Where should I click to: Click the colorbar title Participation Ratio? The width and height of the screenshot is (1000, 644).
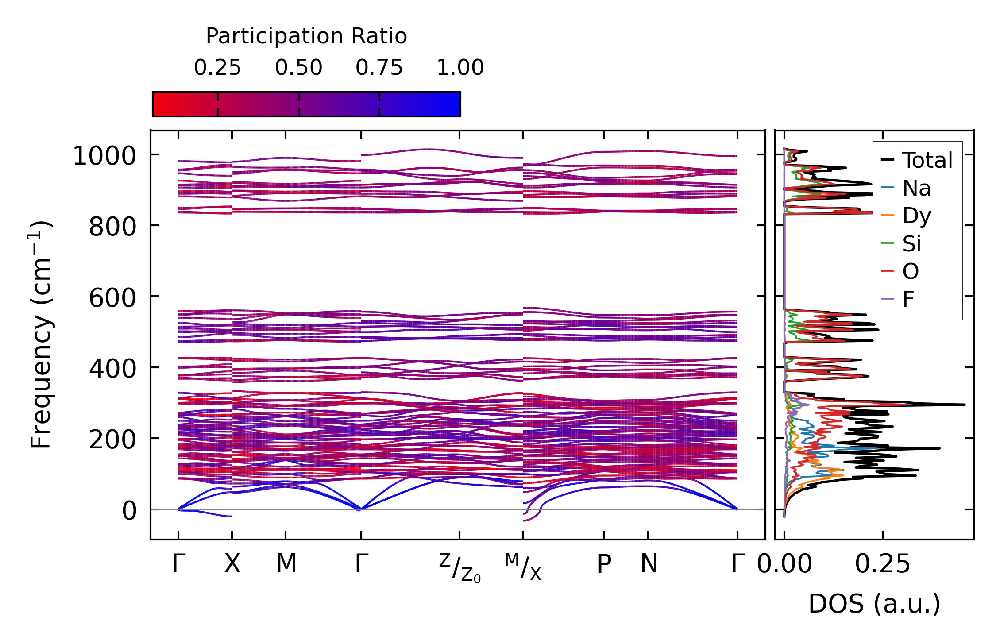pyautogui.click(x=306, y=36)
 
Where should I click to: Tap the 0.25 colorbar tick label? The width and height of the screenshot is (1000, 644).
pyautogui.click(x=217, y=68)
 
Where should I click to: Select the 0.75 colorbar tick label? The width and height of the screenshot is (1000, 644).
pyautogui.click(x=379, y=68)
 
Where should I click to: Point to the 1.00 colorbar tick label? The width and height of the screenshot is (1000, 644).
pyautogui.click(x=460, y=68)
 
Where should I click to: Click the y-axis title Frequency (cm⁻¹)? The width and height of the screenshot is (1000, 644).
pyautogui.click(x=41, y=335)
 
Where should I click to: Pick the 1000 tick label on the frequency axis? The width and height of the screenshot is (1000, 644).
pyautogui.click(x=104, y=156)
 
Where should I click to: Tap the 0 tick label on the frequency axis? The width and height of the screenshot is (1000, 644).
pyautogui.click(x=129, y=511)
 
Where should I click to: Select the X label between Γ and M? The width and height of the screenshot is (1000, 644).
pyautogui.click(x=232, y=564)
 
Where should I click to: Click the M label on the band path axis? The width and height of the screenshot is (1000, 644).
pyautogui.click(x=286, y=564)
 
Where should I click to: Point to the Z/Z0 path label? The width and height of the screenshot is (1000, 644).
pyautogui.click(x=460, y=568)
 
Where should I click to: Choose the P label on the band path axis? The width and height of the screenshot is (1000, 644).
pyautogui.click(x=604, y=564)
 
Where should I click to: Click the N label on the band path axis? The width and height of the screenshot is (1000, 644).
pyautogui.click(x=649, y=564)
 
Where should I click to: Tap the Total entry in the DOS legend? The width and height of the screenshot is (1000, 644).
pyautogui.click(x=927, y=160)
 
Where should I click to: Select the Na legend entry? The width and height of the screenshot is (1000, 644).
pyautogui.click(x=916, y=188)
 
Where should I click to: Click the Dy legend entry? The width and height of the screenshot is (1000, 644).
pyautogui.click(x=916, y=216)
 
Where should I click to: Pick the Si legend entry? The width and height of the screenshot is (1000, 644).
pyautogui.click(x=911, y=244)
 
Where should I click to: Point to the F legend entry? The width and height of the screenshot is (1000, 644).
pyautogui.click(x=908, y=299)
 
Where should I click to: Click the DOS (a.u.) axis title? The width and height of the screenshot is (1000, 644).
pyautogui.click(x=874, y=604)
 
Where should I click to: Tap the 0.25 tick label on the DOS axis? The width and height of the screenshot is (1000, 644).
pyautogui.click(x=882, y=564)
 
